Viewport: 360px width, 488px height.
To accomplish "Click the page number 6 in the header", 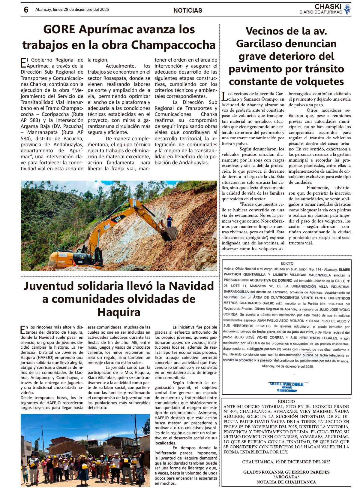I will (26, 10).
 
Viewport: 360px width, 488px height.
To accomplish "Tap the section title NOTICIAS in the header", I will (188, 11).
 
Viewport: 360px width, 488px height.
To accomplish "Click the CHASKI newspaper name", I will (328, 7).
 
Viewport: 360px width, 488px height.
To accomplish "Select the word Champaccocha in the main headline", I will (173, 45).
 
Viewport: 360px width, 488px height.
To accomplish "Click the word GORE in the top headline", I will (59, 29).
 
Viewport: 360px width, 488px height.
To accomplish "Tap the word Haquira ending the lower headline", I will (119, 312).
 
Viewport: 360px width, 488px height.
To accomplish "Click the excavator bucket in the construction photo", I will (169, 233).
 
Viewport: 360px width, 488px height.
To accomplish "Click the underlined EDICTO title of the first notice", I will (287, 263).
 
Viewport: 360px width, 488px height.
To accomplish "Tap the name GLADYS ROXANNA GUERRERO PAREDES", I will (286, 472).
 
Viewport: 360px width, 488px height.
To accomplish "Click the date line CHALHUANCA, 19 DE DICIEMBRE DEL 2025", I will (286, 462).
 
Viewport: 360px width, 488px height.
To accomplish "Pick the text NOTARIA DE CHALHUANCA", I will (286, 482).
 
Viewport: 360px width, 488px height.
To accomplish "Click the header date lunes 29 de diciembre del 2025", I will (80, 10).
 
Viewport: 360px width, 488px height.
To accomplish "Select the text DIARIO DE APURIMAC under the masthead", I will (320, 12).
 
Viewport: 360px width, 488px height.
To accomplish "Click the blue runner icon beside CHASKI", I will (347, 9).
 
